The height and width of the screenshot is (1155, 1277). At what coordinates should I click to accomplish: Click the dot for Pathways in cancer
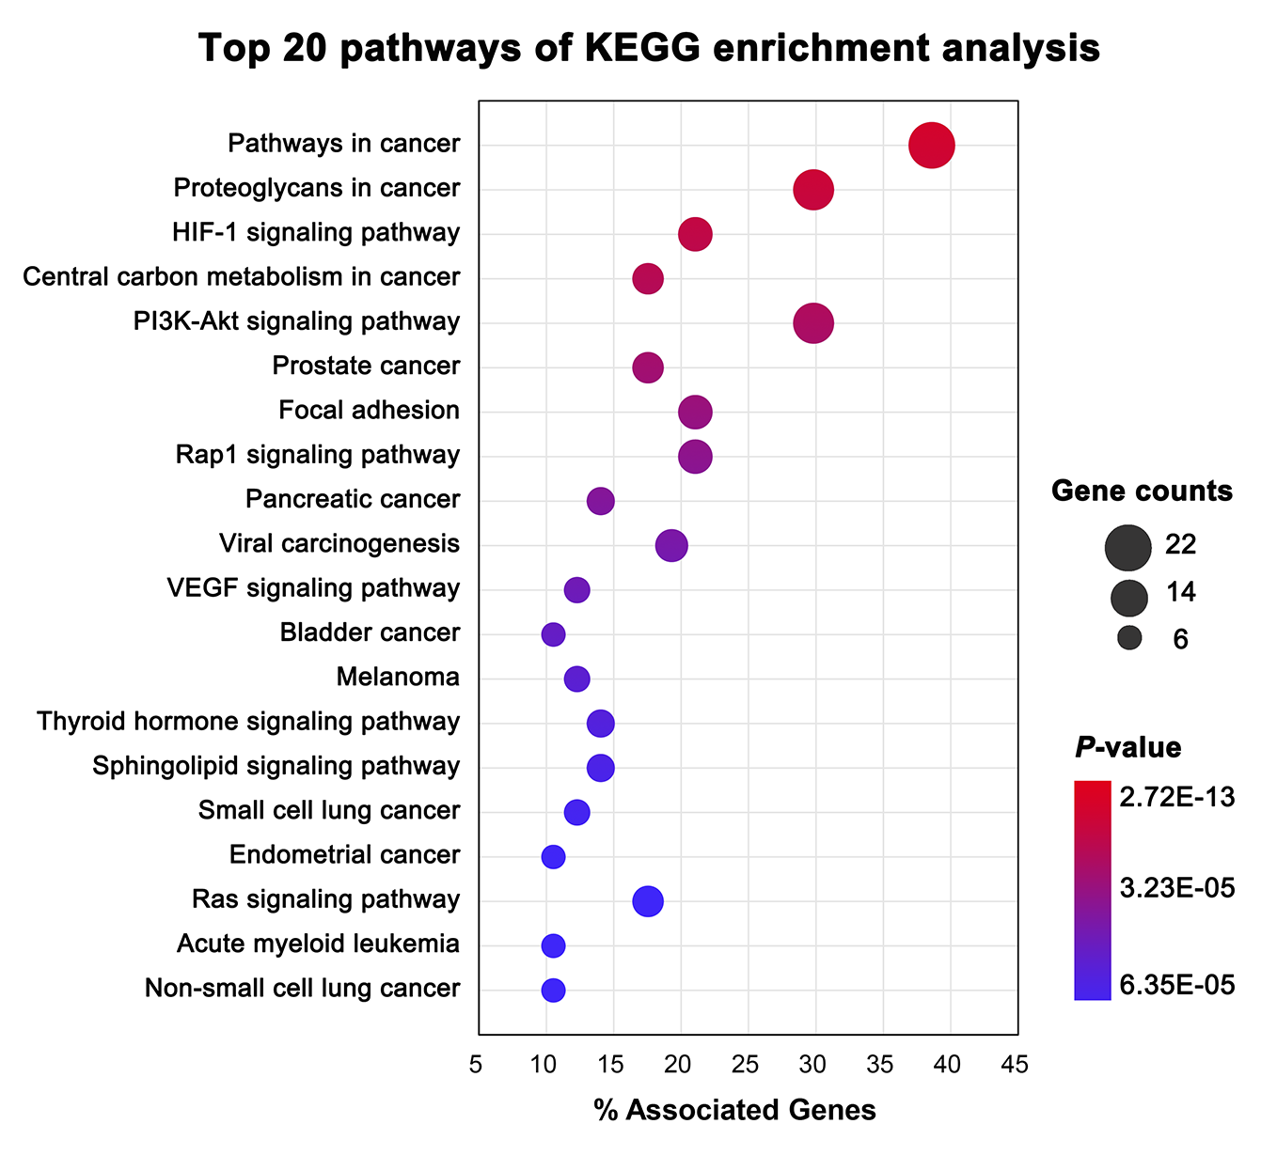click(x=931, y=146)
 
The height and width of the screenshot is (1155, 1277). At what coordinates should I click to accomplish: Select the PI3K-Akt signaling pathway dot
click(x=813, y=323)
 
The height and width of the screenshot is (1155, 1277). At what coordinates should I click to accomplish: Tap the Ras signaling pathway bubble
click(x=647, y=901)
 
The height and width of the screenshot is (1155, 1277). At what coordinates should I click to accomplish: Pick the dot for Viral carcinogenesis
click(x=670, y=545)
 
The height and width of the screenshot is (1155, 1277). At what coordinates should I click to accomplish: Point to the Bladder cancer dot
click(x=553, y=634)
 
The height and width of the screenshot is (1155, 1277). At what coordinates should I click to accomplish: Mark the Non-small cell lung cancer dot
click(x=553, y=990)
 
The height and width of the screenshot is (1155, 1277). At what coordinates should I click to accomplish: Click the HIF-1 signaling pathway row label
click(x=316, y=232)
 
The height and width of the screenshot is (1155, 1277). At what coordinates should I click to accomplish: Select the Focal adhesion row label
click(x=369, y=410)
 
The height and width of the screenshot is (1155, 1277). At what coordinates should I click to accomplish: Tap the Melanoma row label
click(x=398, y=677)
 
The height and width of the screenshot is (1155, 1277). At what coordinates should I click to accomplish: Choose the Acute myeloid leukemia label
click(x=318, y=944)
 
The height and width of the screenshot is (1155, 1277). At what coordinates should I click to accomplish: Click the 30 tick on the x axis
click(x=812, y=1065)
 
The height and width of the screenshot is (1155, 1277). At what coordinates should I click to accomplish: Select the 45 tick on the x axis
click(x=1015, y=1065)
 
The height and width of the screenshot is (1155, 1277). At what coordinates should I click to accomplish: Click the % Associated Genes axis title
click(x=734, y=1110)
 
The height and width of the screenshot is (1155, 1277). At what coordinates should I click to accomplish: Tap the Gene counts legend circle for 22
click(x=1128, y=549)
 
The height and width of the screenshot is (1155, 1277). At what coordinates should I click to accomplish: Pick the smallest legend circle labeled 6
click(x=1129, y=638)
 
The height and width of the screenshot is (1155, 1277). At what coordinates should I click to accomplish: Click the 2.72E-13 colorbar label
click(x=1176, y=797)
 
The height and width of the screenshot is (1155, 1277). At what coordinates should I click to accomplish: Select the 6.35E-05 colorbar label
click(x=1176, y=984)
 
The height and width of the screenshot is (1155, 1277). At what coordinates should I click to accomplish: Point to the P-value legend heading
click(x=1127, y=747)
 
